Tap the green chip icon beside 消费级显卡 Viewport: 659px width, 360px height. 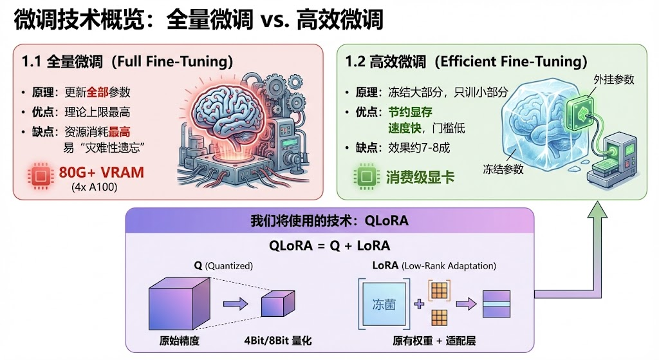364,176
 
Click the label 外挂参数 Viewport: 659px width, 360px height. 613,80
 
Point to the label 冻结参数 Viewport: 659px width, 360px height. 503,169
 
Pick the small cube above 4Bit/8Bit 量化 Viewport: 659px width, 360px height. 277,303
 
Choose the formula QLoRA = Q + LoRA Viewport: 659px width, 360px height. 329,245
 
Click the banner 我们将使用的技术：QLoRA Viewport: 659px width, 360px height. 329,220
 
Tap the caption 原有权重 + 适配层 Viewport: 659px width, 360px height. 434,339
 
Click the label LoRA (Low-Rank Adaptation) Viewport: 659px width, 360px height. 434,265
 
